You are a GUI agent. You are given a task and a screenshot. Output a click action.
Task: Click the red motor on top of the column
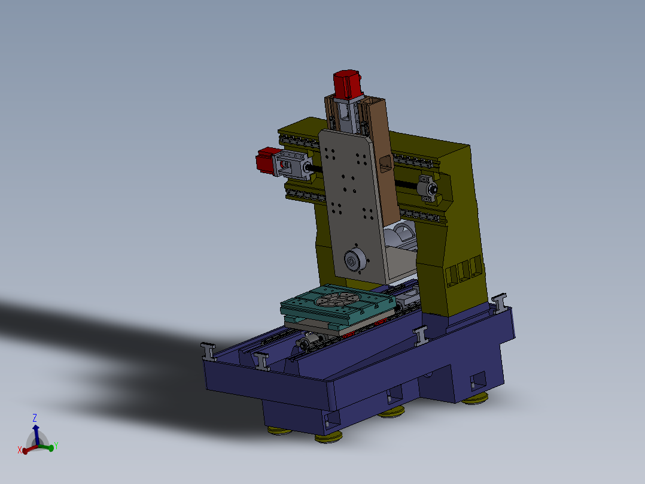pos(348,84)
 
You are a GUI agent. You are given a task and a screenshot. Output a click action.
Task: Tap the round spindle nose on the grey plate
pos(354,261)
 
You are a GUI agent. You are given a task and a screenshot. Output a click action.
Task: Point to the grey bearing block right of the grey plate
pos(427,187)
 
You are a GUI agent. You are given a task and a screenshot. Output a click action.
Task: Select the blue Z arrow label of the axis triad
pos(35,418)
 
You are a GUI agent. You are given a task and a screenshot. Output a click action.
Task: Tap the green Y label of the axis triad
pos(55,446)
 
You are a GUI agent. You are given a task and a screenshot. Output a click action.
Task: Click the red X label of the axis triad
pos(20,450)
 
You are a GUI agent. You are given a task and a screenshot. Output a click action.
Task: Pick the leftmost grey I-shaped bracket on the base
pos(208,350)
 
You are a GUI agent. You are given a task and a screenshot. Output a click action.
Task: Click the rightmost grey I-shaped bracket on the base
pos(500,302)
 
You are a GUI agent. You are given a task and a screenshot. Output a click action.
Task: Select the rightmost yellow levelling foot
pos(476,398)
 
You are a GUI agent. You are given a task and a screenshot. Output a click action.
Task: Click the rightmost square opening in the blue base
pos(478,380)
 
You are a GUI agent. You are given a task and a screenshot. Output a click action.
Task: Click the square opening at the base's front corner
pos(328,423)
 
